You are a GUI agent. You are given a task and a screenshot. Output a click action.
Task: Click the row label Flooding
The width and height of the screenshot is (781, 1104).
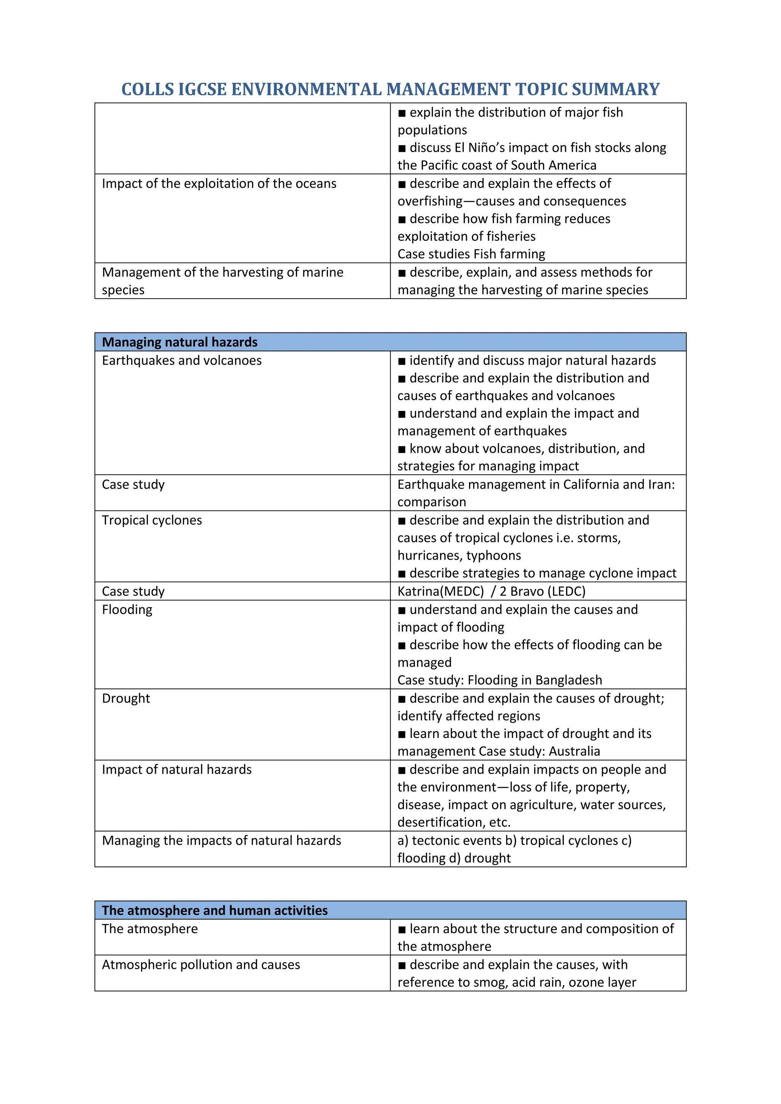tap(127, 610)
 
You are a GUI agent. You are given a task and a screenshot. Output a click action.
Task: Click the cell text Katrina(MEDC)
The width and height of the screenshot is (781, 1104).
tap(440, 591)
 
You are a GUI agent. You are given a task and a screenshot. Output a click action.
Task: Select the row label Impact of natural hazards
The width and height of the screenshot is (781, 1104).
tap(177, 769)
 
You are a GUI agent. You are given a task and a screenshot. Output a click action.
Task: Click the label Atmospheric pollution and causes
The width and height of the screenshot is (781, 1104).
tap(201, 964)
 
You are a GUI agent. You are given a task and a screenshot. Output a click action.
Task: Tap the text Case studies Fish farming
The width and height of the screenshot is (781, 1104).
tap(471, 254)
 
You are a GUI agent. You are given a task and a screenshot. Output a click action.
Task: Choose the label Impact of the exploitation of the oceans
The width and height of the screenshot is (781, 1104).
tap(219, 184)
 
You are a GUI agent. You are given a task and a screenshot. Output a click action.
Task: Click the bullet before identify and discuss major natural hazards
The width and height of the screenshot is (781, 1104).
tap(402, 361)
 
